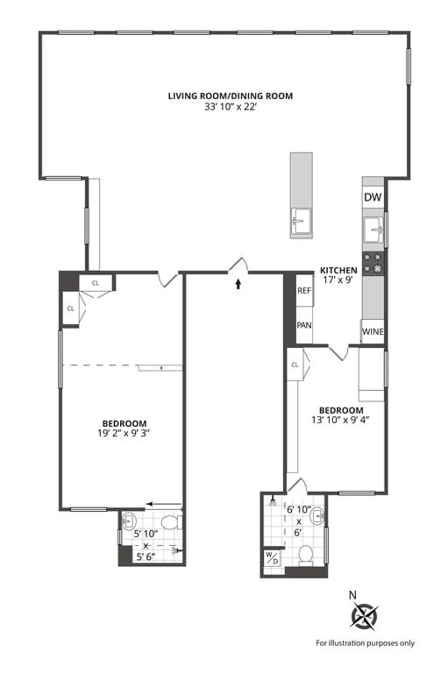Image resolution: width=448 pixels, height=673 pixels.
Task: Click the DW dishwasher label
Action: (x=373, y=197)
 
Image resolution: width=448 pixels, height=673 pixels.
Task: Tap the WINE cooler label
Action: (x=372, y=331)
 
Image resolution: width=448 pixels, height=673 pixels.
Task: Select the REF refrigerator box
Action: (x=304, y=291)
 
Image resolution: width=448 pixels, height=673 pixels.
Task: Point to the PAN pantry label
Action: (x=304, y=325)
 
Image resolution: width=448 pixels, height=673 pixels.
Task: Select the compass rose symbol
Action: (x=365, y=616)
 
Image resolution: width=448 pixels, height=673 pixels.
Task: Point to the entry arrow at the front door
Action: (x=238, y=284)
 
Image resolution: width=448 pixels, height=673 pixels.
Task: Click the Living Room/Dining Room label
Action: (x=230, y=96)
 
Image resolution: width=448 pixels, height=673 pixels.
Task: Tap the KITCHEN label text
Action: (x=338, y=270)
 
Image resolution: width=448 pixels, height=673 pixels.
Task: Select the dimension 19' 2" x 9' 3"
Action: (x=124, y=432)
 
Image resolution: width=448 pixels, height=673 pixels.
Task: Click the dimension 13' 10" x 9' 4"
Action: (x=341, y=419)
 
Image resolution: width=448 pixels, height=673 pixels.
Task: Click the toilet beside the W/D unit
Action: (x=306, y=554)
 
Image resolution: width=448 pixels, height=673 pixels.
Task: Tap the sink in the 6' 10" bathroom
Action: (x=318, y=515)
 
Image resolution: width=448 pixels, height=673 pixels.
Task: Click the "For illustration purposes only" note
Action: (x=365, y=643)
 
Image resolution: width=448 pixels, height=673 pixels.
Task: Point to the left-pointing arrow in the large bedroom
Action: (x=163, y=504)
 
